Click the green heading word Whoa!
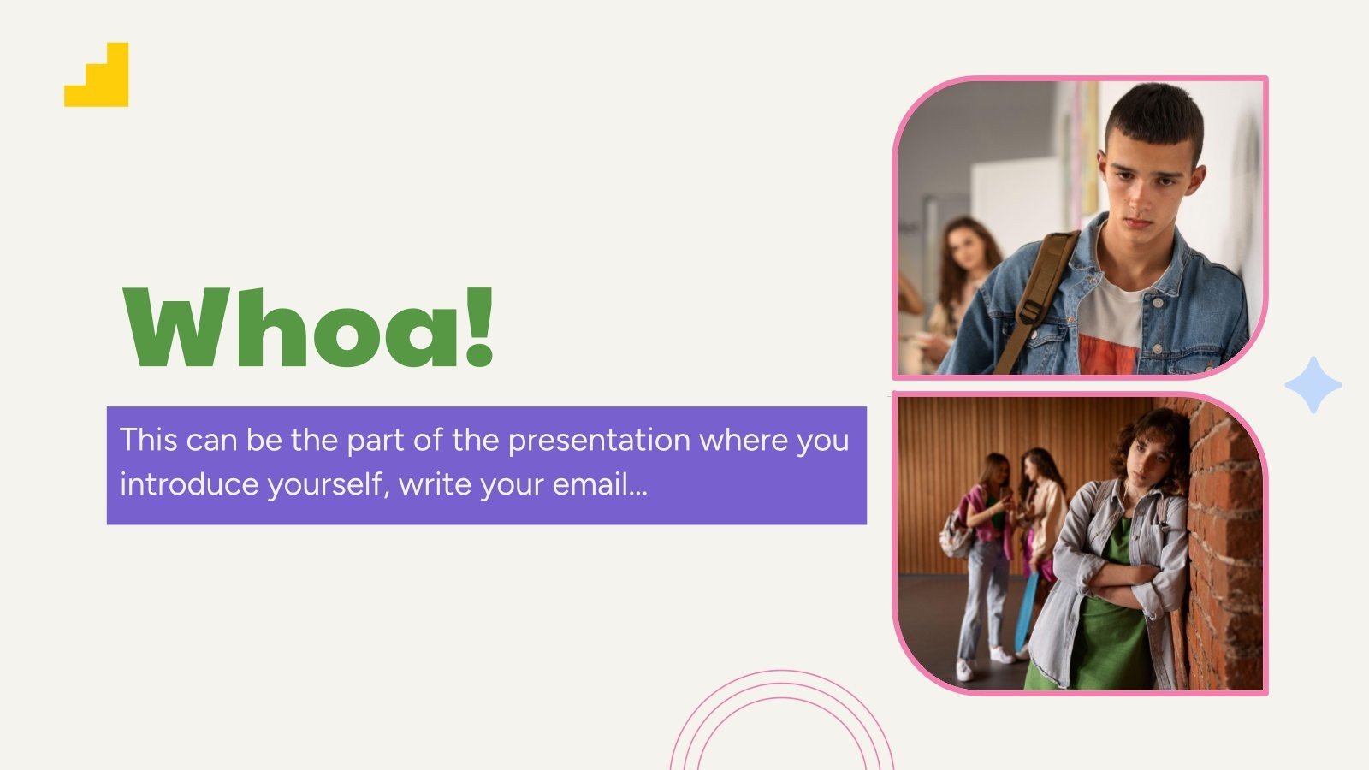(x=308, y=327)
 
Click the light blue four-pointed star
(x=1313, y=385)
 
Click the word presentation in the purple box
(x=599, y=440)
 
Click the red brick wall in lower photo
(x=1228, y=548)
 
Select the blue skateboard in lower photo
(x=1025, y=612)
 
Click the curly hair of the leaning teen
(x=1151, y=432)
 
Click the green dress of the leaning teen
(x=1108, y=642)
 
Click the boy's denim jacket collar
(x=1181, y=257)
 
